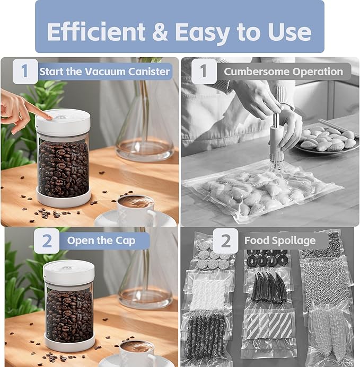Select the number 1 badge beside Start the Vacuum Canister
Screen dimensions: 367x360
(25, 71)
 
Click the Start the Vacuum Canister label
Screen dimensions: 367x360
(104, 71)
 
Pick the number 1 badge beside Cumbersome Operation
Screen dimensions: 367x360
(204, 71)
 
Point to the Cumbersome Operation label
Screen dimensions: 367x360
(283, 71)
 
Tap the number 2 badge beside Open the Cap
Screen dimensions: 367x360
(47, 241)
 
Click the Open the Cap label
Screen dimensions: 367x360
(101, 241)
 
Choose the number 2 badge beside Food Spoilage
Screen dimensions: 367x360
(226, 241)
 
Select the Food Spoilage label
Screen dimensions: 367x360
(279, 241)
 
